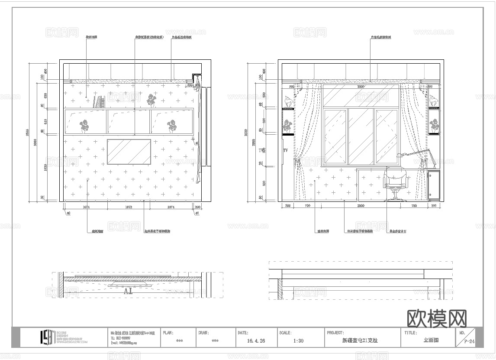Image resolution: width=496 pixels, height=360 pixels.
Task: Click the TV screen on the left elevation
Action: pyautogui.click(x=129, y=152)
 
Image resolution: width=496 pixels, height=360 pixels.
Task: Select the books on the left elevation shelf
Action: pyautogui.click(x=100, y=102)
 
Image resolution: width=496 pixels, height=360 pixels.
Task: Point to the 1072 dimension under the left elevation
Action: pyautogui.click(x=129, y=208)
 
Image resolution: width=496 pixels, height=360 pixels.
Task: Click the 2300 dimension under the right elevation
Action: pyautogui.click(x=361, y=206)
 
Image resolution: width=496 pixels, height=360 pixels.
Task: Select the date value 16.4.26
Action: pyautogui.click(x=256, y=341)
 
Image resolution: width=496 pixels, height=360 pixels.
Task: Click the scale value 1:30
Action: pyautogui.click(x=298, y=341)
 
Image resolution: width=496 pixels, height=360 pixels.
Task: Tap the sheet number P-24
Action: pyautogui.click(x=469, y=341)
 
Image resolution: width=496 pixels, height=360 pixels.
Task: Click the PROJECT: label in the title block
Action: pyautogui.click(x=335, y=333)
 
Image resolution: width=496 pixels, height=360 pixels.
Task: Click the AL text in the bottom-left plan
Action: pyautogui.click(x=129, y=291)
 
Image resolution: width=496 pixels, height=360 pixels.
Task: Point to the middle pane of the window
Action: pyautogui.click(x=361, y=136)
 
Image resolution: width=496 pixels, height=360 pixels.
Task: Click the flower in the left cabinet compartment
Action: pyautogui.click(x=84, y=126)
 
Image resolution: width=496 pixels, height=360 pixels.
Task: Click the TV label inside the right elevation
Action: pyautogui.click(x=285, y=150)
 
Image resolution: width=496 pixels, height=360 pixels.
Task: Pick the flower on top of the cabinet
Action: pyautogui.click(x=151, y=101)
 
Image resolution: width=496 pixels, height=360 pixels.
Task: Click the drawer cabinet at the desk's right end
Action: pyautogui.click(x=433, y=185)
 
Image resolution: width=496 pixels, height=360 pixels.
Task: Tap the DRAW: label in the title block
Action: pyautogui.click(x=204, y=333)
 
